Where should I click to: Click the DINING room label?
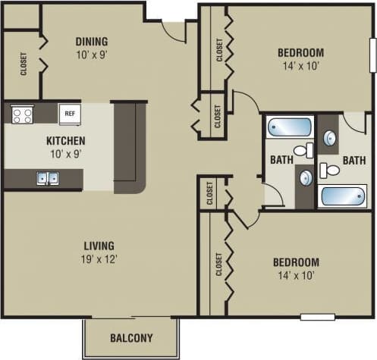(x=91, y=41)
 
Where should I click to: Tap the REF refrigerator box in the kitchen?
(x=69, y=113)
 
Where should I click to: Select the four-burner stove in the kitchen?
(x=22, y=114)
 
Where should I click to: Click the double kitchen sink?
(x=48, y=179)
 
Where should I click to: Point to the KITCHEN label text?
(x=65, y=140)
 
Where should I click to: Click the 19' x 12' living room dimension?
(x=99, y=258)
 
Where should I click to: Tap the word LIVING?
(x=99, y=246)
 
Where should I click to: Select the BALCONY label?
(x=131, y=338)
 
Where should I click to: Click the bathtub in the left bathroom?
(x=288, y=126)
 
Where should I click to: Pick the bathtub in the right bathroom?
(x=343, y=196)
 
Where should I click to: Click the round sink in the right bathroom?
(x=331, y=138)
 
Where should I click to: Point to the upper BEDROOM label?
(x=300, y=52)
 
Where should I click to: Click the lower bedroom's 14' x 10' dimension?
(x=296, y=276)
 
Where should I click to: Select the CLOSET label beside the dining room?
(x=23, y=64)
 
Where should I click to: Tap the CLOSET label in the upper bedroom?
(x=220, y=50)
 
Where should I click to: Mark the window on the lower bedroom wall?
(x=317, y=316)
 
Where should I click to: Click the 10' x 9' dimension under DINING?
(x=91, y=55)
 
